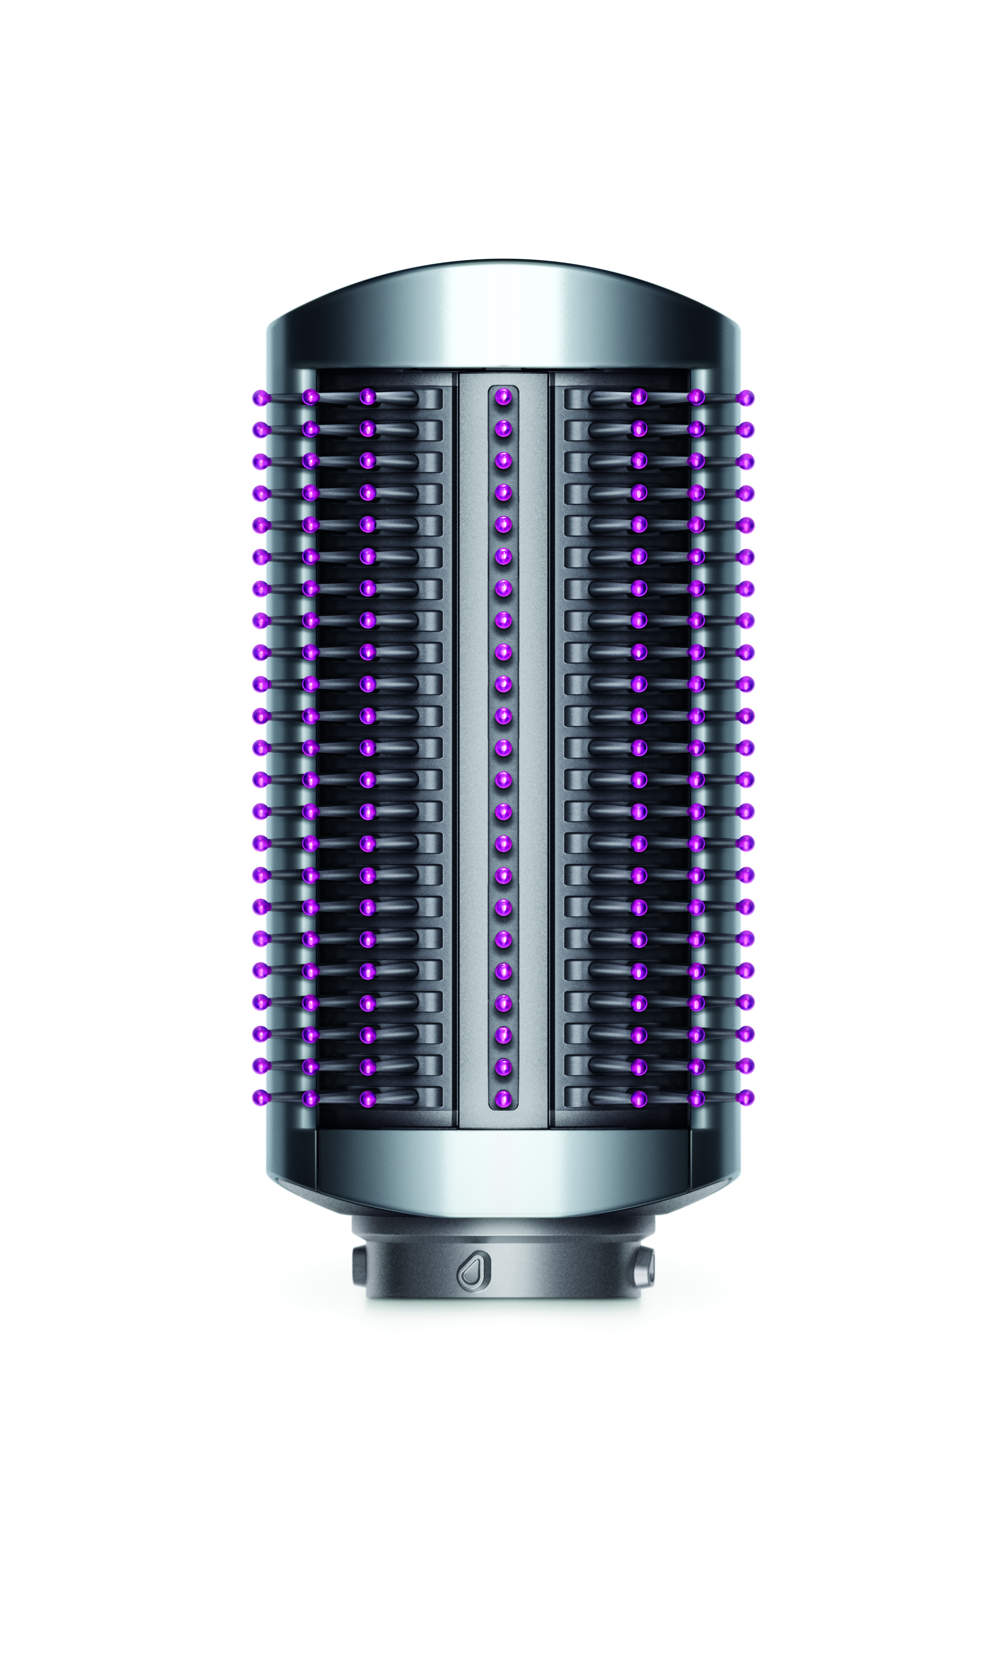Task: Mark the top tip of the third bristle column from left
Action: (x=367, y=397)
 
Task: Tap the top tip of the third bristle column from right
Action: (x=639, y=397)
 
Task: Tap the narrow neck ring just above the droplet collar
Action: (x=503, y=1225)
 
